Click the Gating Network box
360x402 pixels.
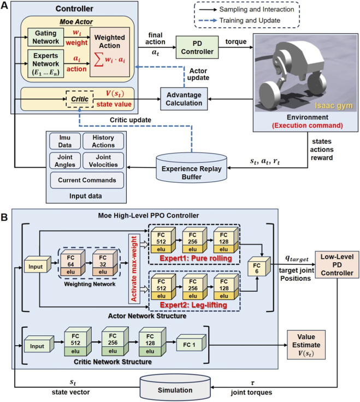[46, 37]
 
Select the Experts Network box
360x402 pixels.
[46, 63]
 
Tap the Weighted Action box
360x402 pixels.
[110, 52]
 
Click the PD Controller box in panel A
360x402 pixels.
[197, 48]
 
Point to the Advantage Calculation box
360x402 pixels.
[184, 99]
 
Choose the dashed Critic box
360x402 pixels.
[80, 99]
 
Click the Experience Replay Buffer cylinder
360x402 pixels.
[192, 168]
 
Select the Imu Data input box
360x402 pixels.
[65, 141]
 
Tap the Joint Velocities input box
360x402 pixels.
[103, 161]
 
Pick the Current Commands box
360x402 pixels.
[87, 180]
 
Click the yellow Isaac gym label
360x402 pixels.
[334, 105]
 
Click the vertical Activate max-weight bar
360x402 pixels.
[134, 268]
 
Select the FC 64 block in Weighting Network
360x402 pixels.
[73, 263]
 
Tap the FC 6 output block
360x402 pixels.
[259, 267]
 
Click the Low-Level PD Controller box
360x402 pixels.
[337, 265]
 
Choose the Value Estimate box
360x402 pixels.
[306, 345]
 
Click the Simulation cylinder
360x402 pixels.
[175, 388]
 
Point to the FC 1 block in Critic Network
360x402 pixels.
[191, 343]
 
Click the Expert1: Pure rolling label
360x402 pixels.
[196, 258]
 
